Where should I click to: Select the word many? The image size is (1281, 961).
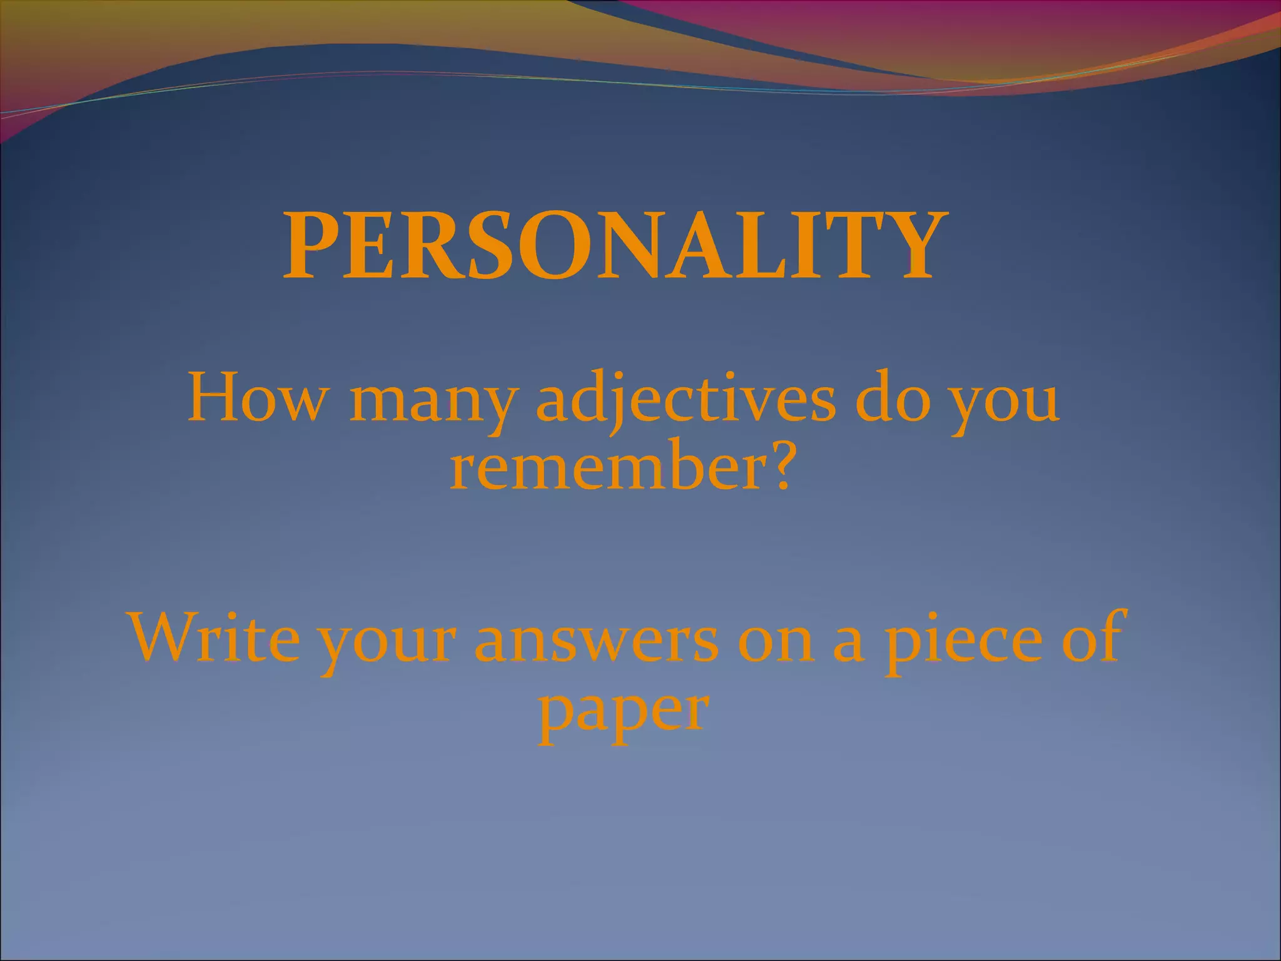[x=432, y=404]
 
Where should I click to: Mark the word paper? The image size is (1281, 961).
[x=623, y=713]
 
